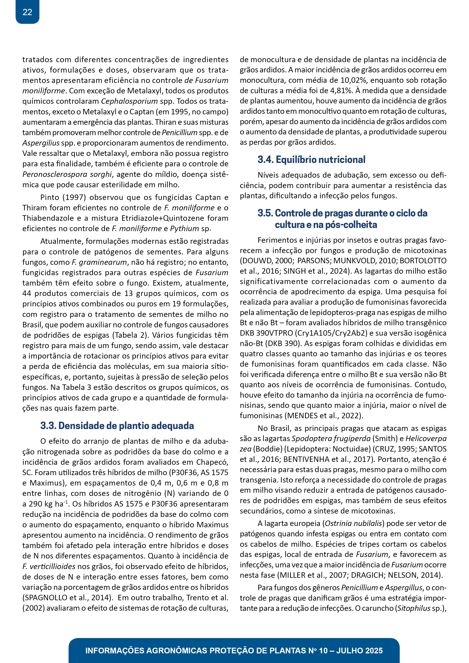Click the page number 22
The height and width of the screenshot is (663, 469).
pos(27,12)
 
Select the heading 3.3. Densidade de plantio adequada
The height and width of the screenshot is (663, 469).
pos(117,426)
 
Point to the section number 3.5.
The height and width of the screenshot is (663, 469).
pos(265,213)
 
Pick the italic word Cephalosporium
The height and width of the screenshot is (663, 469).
pos(129,101)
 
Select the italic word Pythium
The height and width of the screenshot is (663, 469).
pos(184,229)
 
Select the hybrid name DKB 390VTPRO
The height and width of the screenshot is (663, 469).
pos(266,333)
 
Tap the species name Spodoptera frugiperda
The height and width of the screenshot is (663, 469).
pos(331,439)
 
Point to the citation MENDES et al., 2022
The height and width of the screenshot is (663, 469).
pos(324,416)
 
